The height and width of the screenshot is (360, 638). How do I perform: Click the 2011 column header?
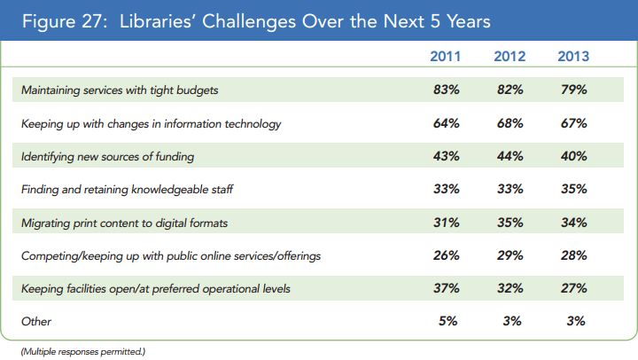[444, 58]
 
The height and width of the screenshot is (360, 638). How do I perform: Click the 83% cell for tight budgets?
[445, 90]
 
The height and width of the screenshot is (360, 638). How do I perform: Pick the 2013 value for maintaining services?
[573, 90]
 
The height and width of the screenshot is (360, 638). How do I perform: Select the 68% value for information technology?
[510, 123]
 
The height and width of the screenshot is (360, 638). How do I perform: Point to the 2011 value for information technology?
[445, 123]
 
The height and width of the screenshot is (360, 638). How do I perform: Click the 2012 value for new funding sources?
[510, 156]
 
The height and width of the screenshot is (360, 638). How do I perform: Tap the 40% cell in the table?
[573, 156]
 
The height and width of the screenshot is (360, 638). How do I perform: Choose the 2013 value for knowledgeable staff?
[573, 189]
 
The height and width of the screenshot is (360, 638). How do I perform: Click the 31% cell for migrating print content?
[445, 222]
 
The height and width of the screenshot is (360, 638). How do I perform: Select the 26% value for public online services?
[445, 255]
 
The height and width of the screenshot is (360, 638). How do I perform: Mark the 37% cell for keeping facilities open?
[445, 288]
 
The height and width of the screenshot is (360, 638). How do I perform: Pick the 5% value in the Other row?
[448, 321]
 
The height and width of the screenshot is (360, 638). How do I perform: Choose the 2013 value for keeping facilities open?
[573, 288]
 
